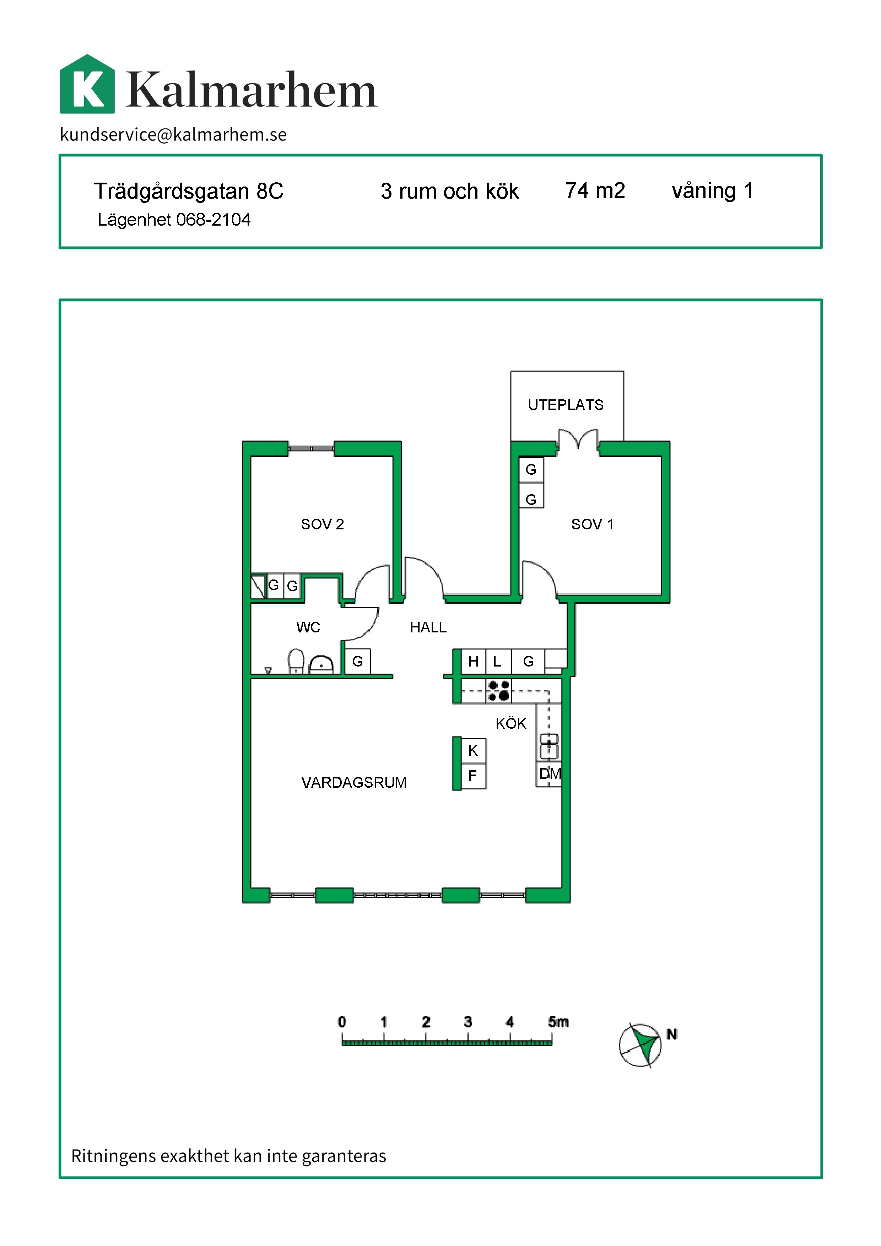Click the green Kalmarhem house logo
pos(87,84)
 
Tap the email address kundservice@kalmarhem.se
pos(173,134)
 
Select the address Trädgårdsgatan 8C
pos(188,192)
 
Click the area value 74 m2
pos(595,190)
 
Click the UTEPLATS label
pos(565,405)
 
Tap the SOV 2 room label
pos(322,524)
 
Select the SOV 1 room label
pos(592,524)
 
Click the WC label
pos(308,627)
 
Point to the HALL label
pos(428,627)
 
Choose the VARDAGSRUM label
pos(354,783)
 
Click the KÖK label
pos(510,723)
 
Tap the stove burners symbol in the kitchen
pos(498,691)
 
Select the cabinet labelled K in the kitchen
pos(473,750)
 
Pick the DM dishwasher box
pos(549,773)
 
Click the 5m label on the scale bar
pos(558,1022)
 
